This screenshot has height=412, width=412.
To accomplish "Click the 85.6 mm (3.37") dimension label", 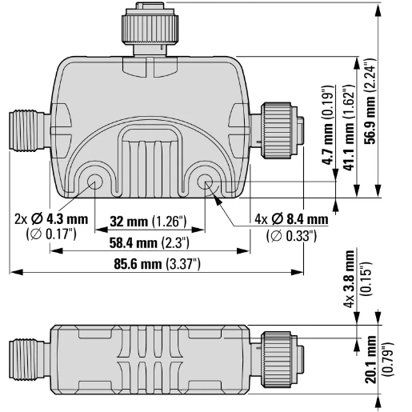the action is (157, 264).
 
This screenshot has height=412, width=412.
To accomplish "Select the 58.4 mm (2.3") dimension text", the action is (150, 242).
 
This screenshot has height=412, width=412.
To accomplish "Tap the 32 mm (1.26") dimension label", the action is (148, 222).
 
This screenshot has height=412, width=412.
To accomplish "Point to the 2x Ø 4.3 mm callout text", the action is (51, 219).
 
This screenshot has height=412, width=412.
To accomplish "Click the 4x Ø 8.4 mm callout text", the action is (291, 219).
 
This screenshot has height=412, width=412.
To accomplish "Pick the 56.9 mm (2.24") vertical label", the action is (370, 102).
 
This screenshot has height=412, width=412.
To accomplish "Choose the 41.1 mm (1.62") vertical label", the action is (349, 128).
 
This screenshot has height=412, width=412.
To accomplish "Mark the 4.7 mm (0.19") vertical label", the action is (327, 125).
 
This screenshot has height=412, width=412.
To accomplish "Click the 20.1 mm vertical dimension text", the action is (371, 359).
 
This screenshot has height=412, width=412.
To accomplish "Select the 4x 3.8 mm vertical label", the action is (350, 278).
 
